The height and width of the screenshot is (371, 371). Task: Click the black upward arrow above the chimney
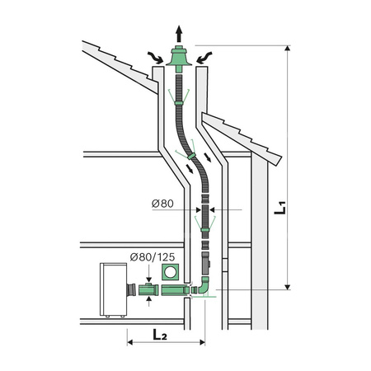178,32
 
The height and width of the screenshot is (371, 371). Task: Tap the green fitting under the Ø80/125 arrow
149,292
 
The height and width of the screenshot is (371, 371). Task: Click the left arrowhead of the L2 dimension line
130,342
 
